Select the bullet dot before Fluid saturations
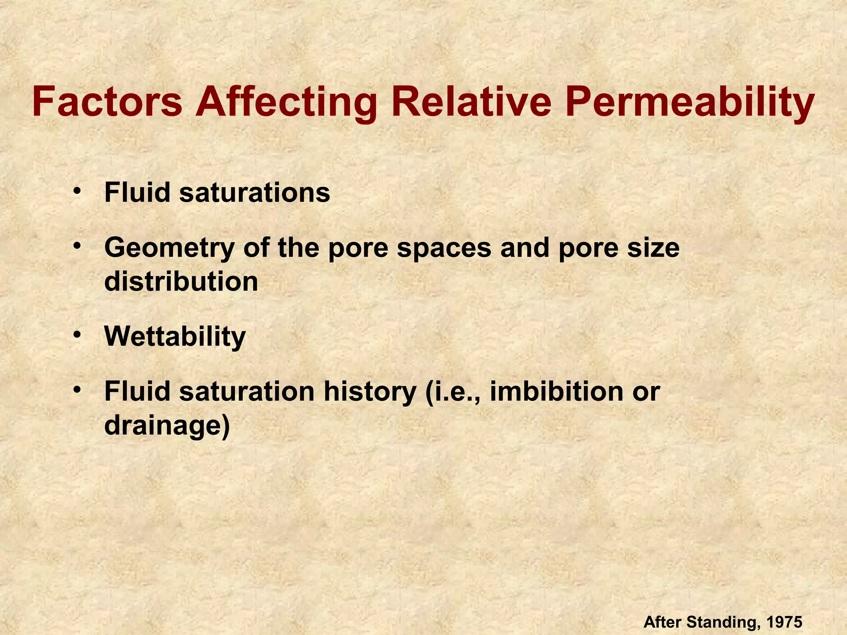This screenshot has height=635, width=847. click(77, 191)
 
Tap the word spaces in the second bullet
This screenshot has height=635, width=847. click(444, 248)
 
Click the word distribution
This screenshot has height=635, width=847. click(181, 282)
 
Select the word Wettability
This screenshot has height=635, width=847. click(175, 337)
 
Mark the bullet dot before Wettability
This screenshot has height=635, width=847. click(77, 335)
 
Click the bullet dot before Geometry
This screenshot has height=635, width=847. click(77, 246)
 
